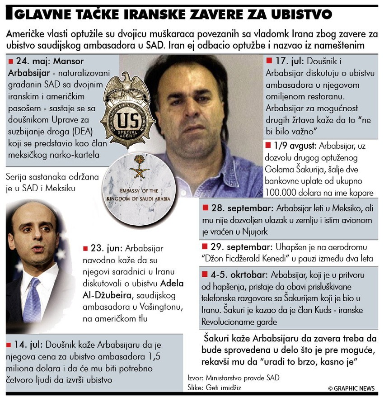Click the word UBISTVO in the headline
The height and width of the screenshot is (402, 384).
point(302,14)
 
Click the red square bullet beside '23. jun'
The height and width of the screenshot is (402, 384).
point(85,249)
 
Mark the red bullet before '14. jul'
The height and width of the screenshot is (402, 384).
point(9,345)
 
